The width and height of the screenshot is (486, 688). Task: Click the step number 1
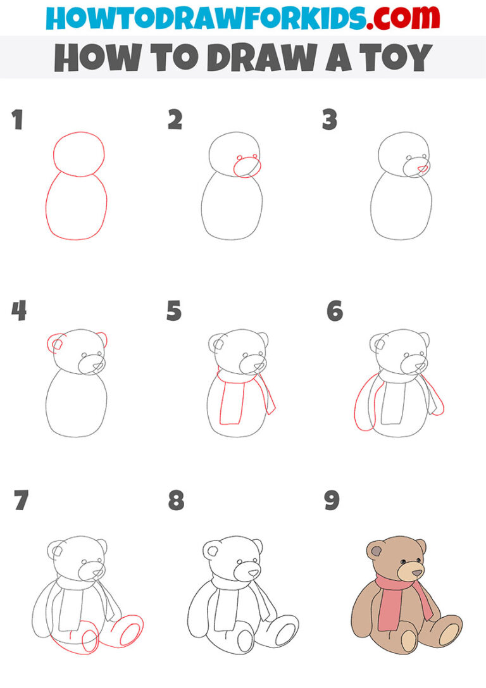pyautogui.click(x=17, y=120)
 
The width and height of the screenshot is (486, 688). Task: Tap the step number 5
pyautogui.click(x=174, y=311)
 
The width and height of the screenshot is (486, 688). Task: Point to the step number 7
pyautogui.click(x=21, y=501)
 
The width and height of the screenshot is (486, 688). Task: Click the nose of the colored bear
pyautogui.click(x=417, y=573)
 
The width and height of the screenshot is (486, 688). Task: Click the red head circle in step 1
pyautogui.click(x=78, y=153)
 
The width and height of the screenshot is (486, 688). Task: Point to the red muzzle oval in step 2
pyautogui.click(x=247, y=167)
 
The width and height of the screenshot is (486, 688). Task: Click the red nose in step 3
pyautogui.click(x=422, y=169)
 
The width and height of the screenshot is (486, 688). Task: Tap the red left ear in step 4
pyautogui.click(x=55, y=344)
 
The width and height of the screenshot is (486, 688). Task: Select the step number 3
pyautogui.click(x=329, y=120)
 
